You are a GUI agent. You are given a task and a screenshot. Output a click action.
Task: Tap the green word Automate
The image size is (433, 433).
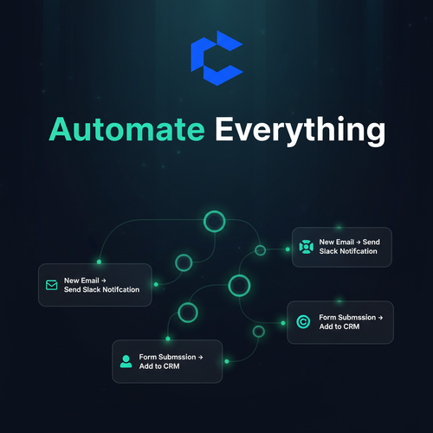tap(127, 129)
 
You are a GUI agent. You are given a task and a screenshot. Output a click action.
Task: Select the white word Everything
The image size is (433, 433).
tap(301, 132)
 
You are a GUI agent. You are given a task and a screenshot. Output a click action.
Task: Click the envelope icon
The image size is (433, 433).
tap(52, 285)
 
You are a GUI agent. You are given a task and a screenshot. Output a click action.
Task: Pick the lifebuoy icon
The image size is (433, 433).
tap(306, 247)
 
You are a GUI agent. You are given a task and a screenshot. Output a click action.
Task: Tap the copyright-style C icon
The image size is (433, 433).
tap(303, 321)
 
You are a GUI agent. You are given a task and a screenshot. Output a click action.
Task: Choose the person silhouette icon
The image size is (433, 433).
tap(126, 361)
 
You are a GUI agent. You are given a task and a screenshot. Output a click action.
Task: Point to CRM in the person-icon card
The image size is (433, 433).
tap(171, 366)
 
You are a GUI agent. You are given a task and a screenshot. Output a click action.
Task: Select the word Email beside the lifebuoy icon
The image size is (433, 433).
tap(345, 242)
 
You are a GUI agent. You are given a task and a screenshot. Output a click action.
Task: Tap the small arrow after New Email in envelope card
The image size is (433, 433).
tap(104, 281)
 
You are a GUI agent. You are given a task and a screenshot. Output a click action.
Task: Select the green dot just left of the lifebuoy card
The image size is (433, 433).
tap(288, 249)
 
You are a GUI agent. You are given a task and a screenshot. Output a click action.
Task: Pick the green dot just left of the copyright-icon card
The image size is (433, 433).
tap(283, 323)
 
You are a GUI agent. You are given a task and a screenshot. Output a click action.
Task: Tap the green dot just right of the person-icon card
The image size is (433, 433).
tap(227, 361)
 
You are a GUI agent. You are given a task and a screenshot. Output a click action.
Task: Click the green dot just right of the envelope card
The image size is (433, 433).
tap(156, 284)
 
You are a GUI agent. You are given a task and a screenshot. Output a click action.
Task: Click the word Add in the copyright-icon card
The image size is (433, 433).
tap(326, 326)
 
